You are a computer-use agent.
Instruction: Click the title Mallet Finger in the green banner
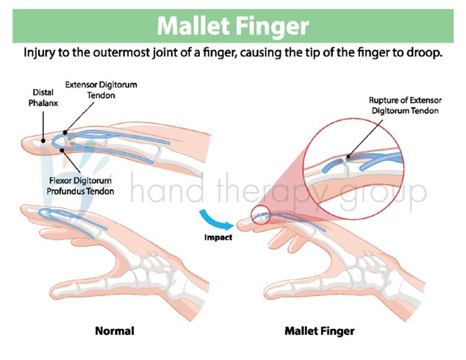233,26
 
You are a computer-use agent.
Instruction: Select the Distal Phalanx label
43,98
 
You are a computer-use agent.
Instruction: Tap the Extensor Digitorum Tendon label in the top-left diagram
101,90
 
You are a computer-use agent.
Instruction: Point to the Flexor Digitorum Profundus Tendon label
80,186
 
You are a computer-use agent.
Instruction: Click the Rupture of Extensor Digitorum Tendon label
405,106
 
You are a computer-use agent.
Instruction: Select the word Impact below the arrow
218,237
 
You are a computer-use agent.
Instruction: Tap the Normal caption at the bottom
115,331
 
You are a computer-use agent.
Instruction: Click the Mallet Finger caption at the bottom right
320,331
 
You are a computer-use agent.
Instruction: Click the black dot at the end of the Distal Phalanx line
43,141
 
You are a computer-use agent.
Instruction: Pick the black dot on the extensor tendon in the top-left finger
65,132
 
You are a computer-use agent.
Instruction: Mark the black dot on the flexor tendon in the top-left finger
62,150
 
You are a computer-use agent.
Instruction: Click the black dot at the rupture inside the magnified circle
348,156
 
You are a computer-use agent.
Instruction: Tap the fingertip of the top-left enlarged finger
23,144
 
